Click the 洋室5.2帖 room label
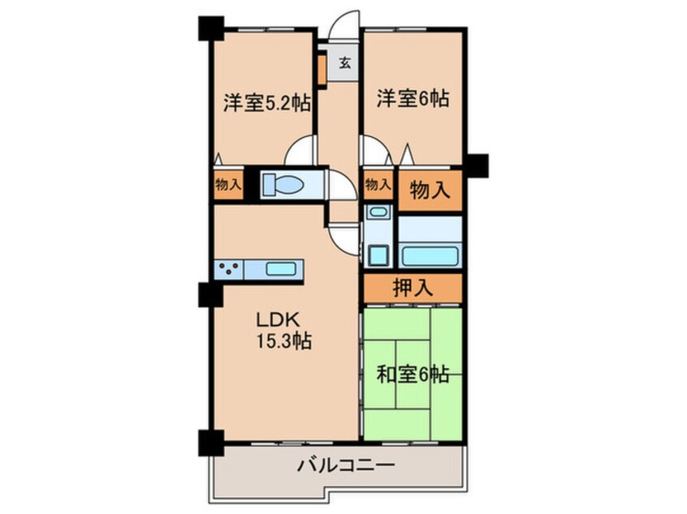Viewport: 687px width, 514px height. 267,102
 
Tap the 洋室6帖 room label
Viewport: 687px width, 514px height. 413,98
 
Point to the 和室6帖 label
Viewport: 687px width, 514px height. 413,375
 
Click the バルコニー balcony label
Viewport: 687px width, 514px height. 346,465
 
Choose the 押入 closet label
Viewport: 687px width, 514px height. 413,288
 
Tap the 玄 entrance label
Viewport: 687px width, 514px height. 345,63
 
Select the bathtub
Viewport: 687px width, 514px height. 430,255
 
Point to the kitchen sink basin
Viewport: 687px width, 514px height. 280,268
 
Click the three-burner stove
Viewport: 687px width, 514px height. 229,268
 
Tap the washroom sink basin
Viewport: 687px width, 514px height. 378,212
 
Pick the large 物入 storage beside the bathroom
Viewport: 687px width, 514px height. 430,191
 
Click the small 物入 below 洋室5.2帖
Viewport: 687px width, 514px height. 228,185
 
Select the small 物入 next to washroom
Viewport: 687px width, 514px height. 378,185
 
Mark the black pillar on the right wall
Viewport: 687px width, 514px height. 477,165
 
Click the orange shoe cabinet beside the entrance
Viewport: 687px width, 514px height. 322,69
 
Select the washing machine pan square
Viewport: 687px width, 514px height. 378,255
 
